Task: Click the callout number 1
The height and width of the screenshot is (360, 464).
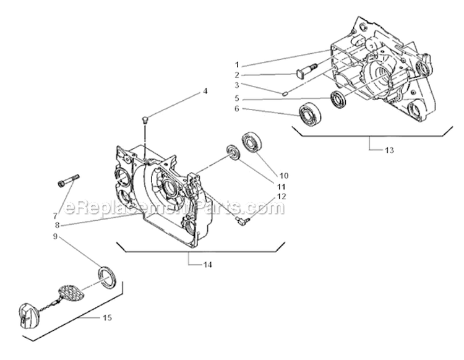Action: pos(236,64)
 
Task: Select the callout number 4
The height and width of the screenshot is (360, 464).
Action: pos(205,92)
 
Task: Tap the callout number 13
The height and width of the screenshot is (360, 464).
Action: pos(388,150)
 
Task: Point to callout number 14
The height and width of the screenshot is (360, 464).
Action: pos(207,265)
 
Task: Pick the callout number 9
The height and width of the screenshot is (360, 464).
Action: pos(55,236)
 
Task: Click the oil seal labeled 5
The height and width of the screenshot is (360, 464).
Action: pos(338,99)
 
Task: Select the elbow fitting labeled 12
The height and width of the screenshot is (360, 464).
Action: pos(242,218)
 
